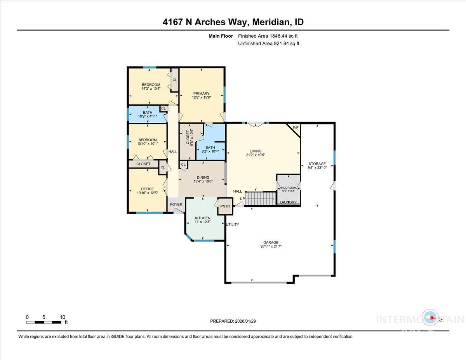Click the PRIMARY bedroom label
[x=201, y=93]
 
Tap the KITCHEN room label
[x=203, y=218]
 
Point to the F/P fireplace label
[x=296, y=127]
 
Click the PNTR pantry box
[x=225, y=206]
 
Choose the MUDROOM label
[x=288, y=187]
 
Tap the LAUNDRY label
[x=288, y=202]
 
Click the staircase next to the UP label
[x=261, y=198]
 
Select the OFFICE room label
[x=147, y=189]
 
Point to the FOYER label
[x=176, y=204]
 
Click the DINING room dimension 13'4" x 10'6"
[x=203, y=182]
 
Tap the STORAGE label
[x=317, y=163]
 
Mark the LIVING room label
[x=256, y=151]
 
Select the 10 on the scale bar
[x=62, y=317]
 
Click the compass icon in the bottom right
[x=431, y=318]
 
